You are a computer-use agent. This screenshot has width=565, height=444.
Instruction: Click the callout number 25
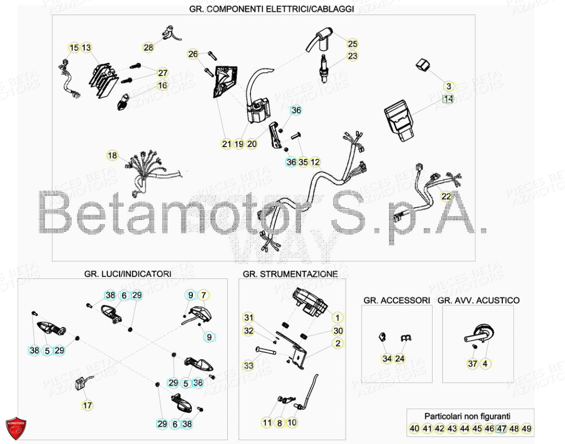click(x=352, y=44)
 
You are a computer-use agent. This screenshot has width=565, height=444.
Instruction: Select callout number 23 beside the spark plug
click(x=352, y=56)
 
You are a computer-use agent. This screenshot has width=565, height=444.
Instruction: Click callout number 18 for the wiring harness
click(x=112, y=156)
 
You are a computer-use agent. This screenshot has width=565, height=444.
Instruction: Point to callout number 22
click(x=446, y=196)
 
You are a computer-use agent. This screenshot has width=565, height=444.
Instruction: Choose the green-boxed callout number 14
click(x=448, y=99)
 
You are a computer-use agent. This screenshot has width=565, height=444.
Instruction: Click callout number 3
click(x=449, y=86)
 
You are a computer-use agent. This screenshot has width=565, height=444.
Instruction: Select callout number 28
click(x=149, y=47)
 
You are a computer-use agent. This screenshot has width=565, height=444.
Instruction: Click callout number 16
click(x=162, y=85)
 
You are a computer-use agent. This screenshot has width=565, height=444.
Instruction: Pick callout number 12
click(x=315, y=162)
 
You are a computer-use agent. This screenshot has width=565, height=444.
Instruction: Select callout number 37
click(x=473, y=363)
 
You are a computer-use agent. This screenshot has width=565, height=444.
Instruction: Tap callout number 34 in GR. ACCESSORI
click(x=387, y=359)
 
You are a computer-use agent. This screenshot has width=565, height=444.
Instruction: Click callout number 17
click(x=87, y=406)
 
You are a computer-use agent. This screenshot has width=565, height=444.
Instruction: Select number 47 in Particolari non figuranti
click(x=501, y=429)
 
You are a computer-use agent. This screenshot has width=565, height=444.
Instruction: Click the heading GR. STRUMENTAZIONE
click(x=290, y=274)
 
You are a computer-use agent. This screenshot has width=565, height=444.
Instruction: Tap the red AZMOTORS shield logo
click(x=16, y=429)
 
